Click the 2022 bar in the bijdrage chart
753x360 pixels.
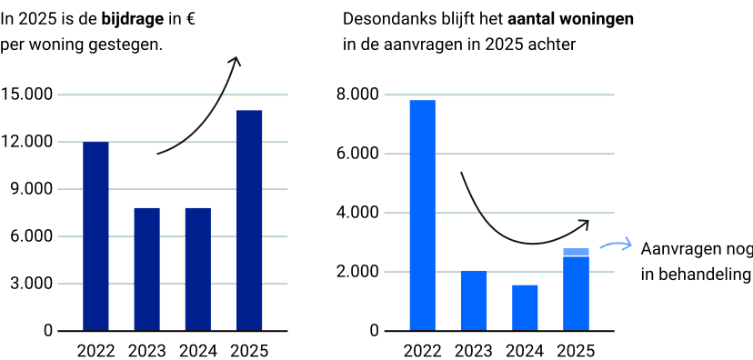95,236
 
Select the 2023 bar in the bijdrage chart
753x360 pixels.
147,269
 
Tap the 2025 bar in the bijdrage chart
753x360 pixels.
249,220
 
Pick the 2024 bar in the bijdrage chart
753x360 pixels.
198,269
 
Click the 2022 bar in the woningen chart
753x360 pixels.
423,215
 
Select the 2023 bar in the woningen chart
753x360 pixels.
474,301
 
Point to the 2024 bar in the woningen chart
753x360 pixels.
525,308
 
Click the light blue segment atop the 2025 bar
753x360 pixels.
577,252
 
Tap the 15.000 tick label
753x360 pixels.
27,94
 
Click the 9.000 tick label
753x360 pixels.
31,189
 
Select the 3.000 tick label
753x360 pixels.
31,284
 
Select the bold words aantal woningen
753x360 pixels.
570,19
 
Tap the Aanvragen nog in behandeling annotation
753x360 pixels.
697,262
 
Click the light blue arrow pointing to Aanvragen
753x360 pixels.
616,245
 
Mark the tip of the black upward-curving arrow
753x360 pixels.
236,57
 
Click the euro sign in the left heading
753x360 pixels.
189,20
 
